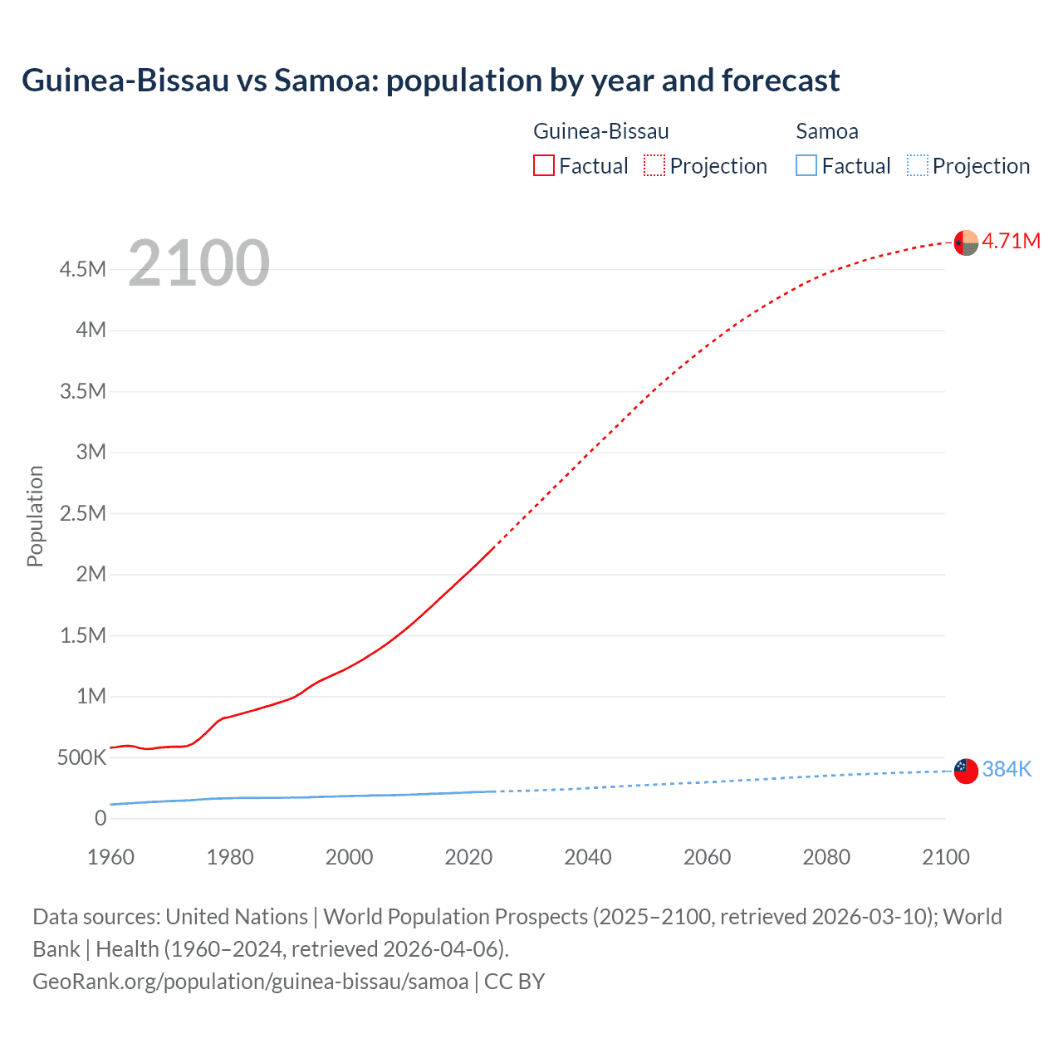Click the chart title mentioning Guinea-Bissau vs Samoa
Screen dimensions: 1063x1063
[430, 81]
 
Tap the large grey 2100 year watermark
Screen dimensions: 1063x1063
[198, 263]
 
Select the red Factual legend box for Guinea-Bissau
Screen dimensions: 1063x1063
[543, 166]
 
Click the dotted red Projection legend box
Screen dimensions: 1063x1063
[654, 166]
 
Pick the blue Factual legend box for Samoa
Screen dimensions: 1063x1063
[806, 166]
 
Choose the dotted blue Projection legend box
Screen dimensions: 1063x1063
[917, 166]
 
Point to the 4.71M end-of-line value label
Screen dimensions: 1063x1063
[1011, 241]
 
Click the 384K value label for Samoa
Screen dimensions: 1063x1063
[1007, 769]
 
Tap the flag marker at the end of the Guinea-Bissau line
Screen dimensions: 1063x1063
[966, 242]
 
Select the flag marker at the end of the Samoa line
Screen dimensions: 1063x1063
[966, 771]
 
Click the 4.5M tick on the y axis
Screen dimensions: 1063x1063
[82, 269]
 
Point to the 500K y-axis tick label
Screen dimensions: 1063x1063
[81, 757]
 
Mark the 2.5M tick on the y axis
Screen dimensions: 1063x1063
[82, 513]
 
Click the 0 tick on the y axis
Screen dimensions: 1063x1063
[100, 818]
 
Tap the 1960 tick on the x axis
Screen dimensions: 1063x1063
[110, 857]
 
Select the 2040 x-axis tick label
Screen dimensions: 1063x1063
[588, 857]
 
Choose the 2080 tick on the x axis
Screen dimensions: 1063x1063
[826, 857]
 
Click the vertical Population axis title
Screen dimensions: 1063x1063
[35, 516]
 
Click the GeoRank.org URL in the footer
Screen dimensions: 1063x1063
[250, 981]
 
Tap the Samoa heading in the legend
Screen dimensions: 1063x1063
[826, 131]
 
